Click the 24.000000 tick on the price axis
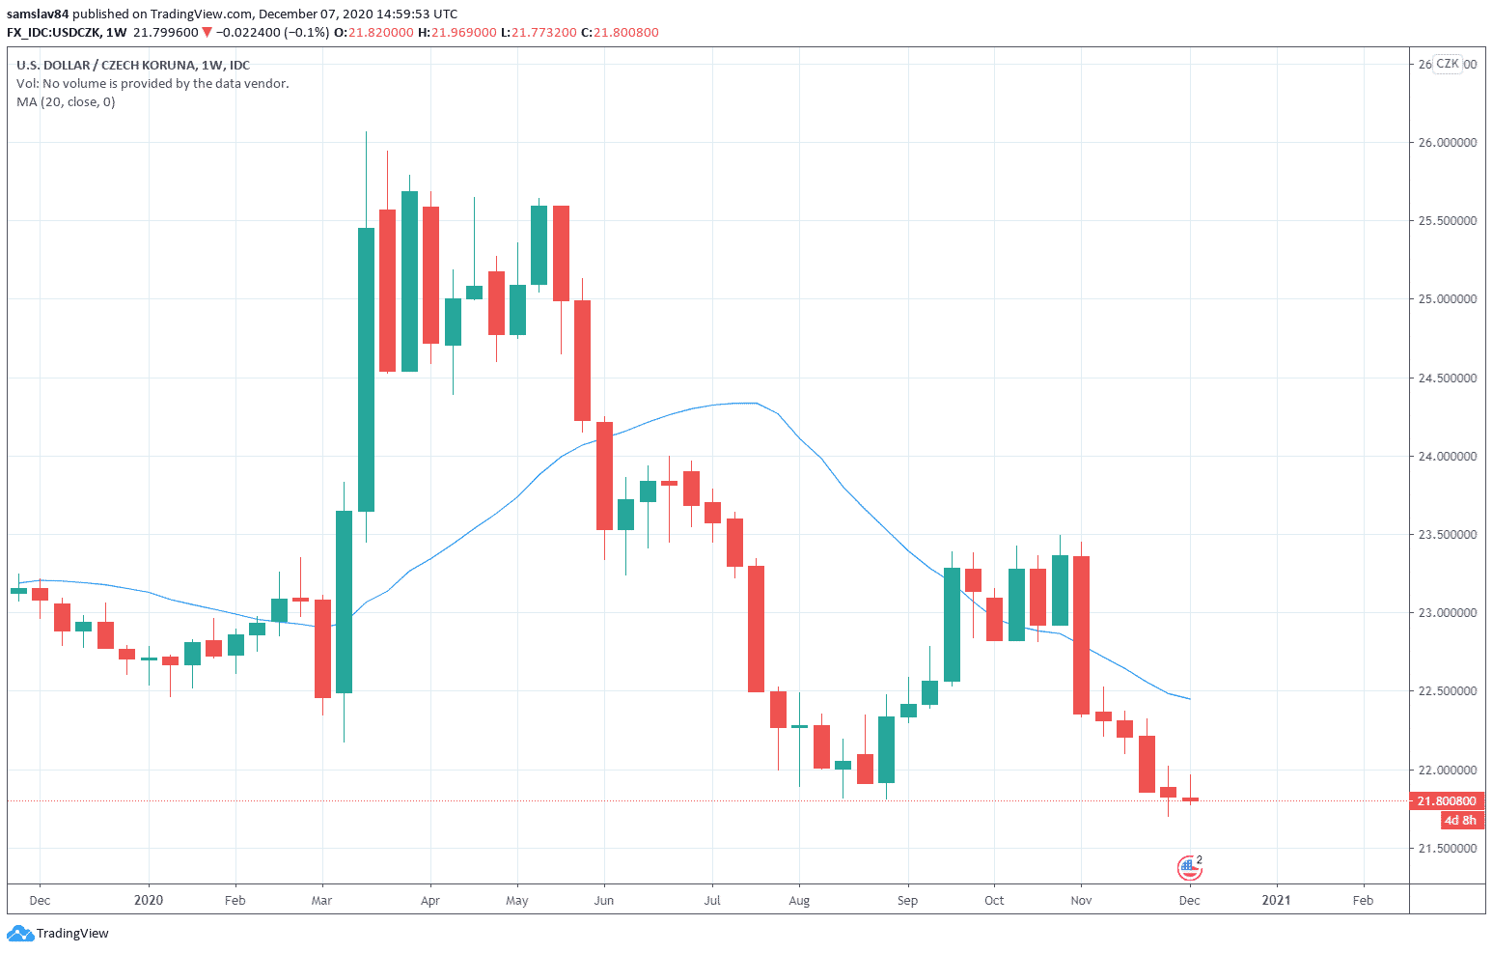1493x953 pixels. [x=1447, y=456]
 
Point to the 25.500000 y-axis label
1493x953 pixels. [x=1447, y=221]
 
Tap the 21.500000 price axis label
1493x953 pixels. [x=1447, y=848]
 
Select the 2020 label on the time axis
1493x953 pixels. [x=149, y=900]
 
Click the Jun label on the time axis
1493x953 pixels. [x=604, y=900]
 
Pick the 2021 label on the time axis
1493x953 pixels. [x=1276, y=900]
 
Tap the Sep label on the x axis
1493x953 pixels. [x=907, y=900]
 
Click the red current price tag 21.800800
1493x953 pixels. [x=1447, y=800]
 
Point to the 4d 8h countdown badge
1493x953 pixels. [x=1460, y=820]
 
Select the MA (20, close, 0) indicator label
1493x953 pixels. [x=66, y=101]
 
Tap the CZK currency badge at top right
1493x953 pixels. [x=1447, y=64]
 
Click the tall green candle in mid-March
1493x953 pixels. [x=366, y=369]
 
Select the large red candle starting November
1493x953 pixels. [x=1081, y=634]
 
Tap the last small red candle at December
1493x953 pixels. [x=1190, y=799]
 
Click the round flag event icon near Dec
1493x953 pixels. [x=1190, y=868]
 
